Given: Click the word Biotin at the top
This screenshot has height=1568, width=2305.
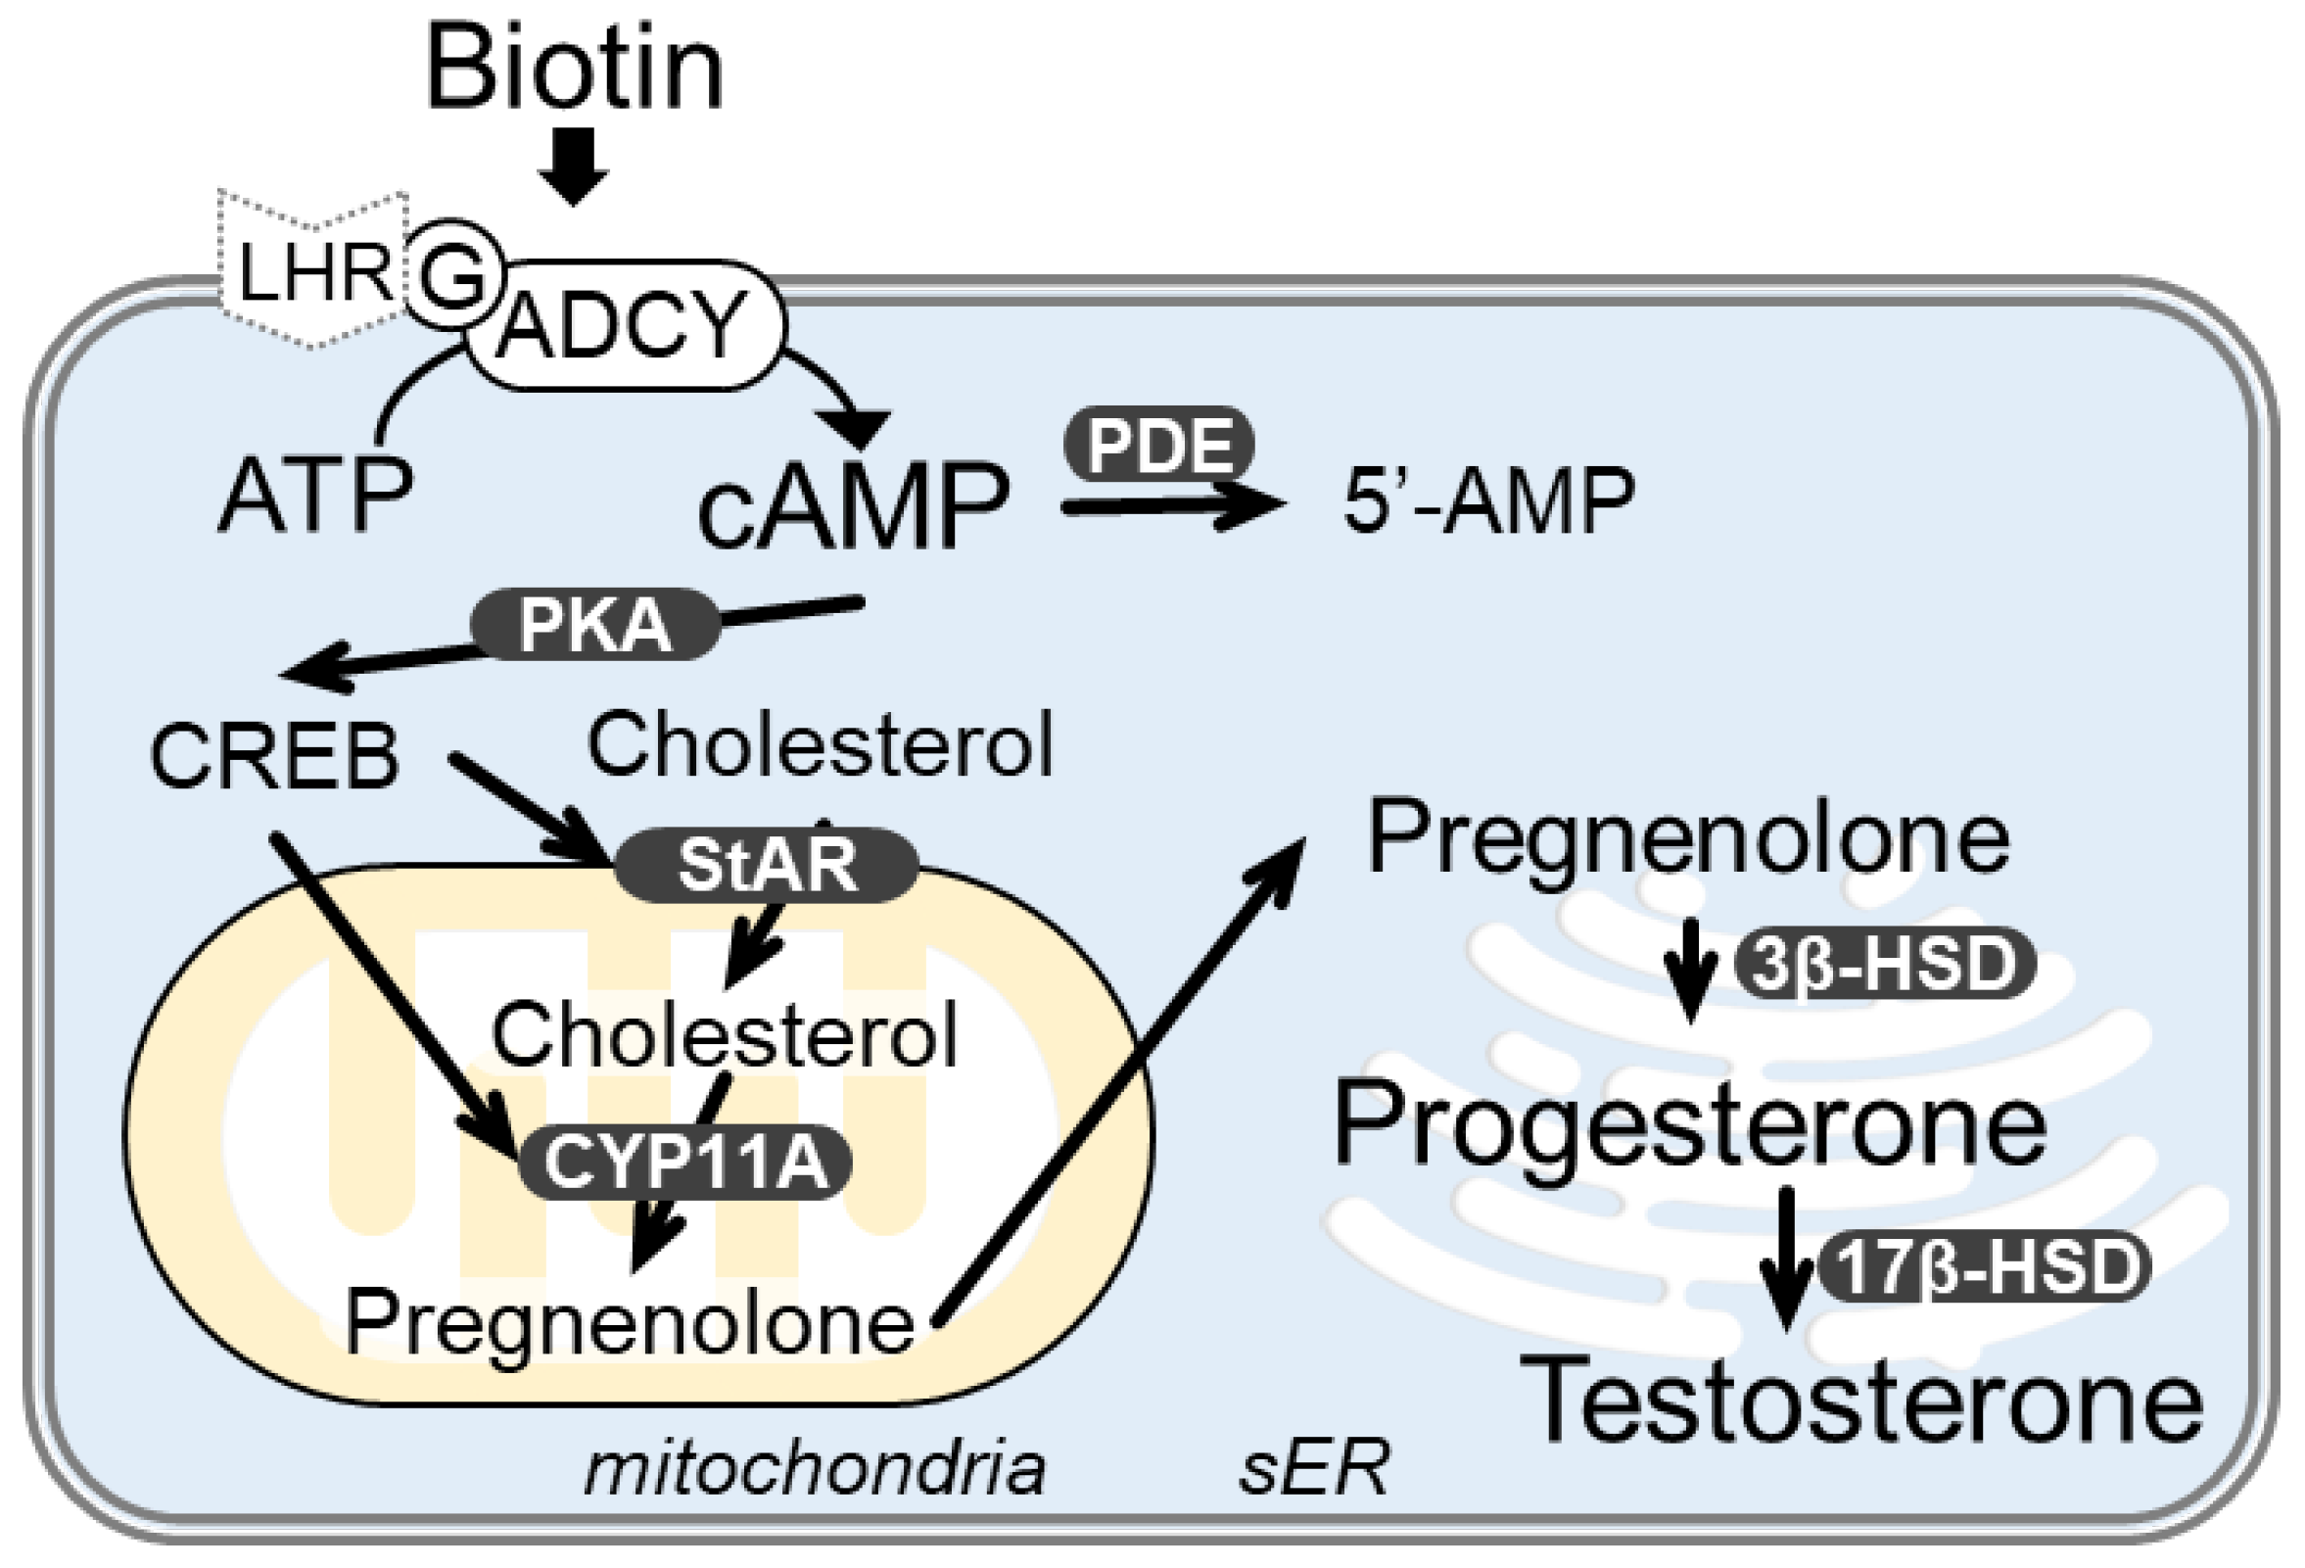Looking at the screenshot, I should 574,70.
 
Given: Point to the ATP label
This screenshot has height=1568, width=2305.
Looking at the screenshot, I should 314,495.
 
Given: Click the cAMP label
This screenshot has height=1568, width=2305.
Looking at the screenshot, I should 853,505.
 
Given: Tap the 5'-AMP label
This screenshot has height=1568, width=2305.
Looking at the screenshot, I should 1487,499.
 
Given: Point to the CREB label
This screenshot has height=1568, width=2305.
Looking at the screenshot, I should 275,757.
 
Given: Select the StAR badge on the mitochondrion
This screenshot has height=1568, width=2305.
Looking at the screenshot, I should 767,865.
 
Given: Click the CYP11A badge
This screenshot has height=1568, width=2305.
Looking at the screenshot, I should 685,1163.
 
